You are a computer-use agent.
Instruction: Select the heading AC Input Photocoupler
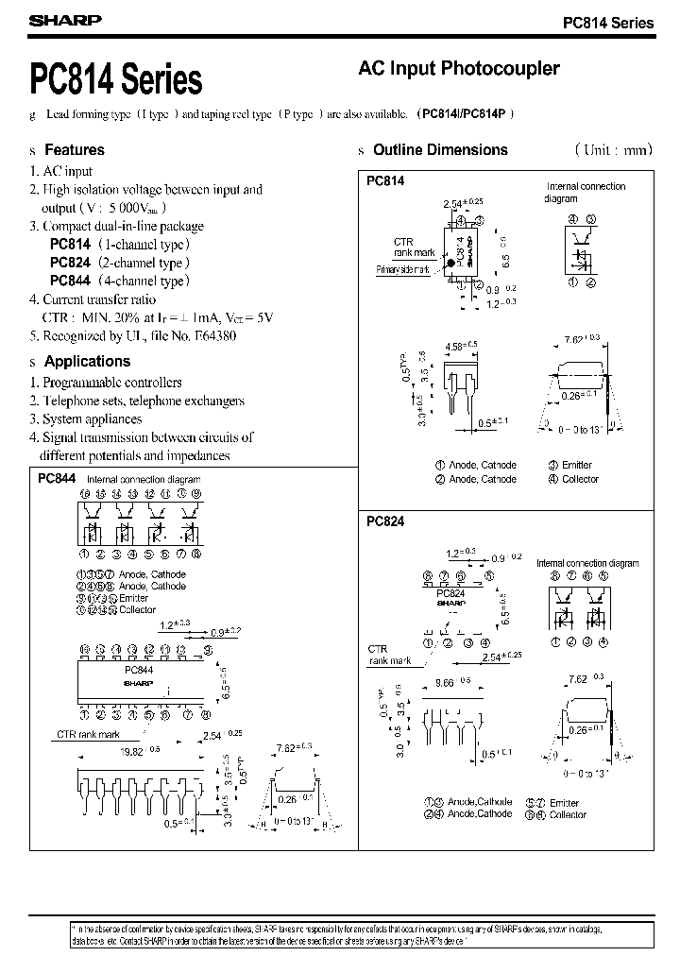point(459,69)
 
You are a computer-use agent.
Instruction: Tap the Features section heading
point(75,149)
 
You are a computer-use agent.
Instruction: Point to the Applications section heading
point(87,361)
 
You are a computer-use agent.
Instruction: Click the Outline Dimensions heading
point(440,149)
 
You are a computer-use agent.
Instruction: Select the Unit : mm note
point(613,149)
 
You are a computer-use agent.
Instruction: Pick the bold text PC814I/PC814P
point(467,113)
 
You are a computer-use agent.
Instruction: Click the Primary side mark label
point(402,269)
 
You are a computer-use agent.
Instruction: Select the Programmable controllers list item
point(112,383)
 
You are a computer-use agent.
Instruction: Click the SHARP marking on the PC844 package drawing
point(139,681)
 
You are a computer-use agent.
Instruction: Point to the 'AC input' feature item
point(67,171)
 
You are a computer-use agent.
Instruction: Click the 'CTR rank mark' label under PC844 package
point(88,733)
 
